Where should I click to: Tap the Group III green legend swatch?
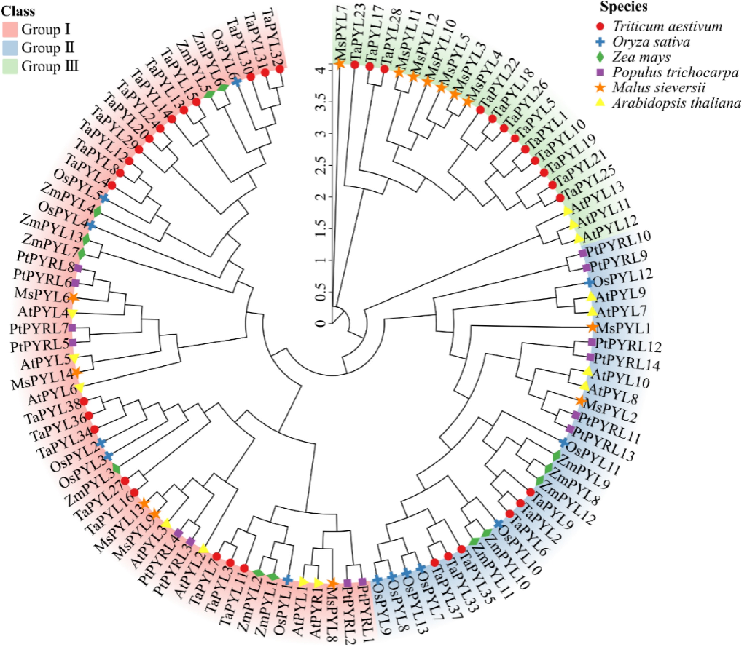point(10,67)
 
